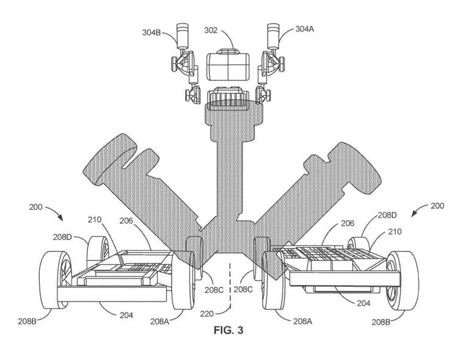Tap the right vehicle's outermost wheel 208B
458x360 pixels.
coord(402,279)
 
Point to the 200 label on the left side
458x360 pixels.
coord(36,207)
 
